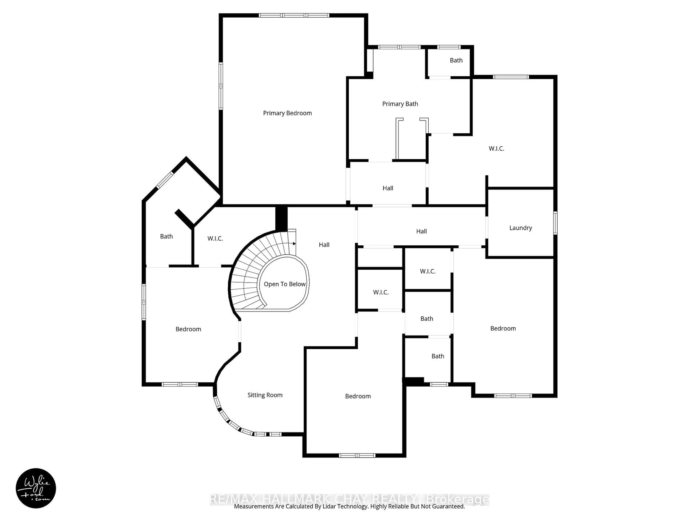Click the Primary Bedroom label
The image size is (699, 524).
pos(287,113)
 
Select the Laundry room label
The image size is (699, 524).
pos(520,228)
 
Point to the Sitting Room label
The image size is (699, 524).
pos(265,395)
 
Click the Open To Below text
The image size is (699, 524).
pos(284,284)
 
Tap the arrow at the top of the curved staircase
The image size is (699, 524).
pos(294,243)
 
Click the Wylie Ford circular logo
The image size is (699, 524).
pos(36,488)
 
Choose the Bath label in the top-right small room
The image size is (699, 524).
pos(456,60)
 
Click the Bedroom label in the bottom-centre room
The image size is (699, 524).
pos(358,396)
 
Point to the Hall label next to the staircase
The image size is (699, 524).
pos(324,245)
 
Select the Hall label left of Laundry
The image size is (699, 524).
pos(421,231)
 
